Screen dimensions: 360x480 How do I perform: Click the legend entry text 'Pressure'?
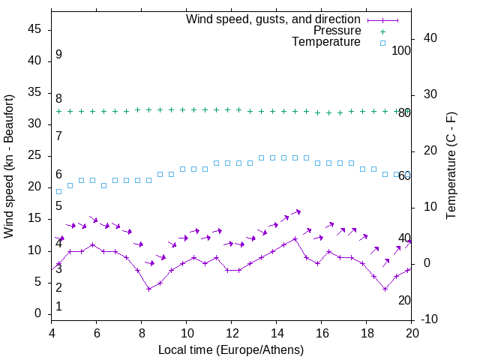pos(337,31)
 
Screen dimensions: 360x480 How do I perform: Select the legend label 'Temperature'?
pos(326,43)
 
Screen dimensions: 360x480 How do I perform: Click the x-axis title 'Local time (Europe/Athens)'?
pos(232,349)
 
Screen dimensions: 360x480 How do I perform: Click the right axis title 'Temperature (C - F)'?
pos(451,166)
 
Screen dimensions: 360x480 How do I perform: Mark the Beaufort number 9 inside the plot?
pos(58,55)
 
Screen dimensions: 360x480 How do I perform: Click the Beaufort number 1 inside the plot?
pos(58,307)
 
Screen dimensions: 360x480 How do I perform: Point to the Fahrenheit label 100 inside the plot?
pos(401,51)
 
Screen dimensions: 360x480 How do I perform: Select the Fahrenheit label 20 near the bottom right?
pos(404,301)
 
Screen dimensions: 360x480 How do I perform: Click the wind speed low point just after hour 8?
pos(149,289)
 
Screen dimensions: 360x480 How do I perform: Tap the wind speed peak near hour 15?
pos(295,238)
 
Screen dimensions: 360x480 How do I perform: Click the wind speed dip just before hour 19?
pos(385,289)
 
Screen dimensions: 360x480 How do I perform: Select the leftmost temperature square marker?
pos(59,191)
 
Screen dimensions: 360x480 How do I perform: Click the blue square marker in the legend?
pos(382,43)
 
